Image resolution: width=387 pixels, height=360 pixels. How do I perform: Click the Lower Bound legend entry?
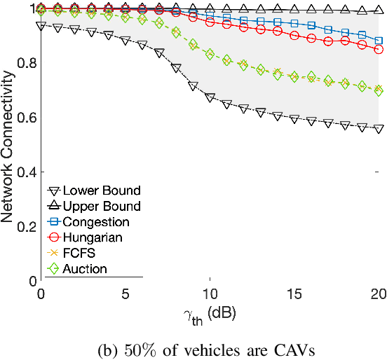101,191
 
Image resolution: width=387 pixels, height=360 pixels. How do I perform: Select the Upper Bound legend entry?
101,206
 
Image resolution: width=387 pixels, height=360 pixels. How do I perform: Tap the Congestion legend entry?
96,222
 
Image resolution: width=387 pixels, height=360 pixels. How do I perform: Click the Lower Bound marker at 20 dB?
379,129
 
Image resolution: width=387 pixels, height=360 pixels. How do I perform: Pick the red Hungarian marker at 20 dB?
379,50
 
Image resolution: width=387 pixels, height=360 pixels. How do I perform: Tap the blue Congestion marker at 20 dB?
379,41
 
